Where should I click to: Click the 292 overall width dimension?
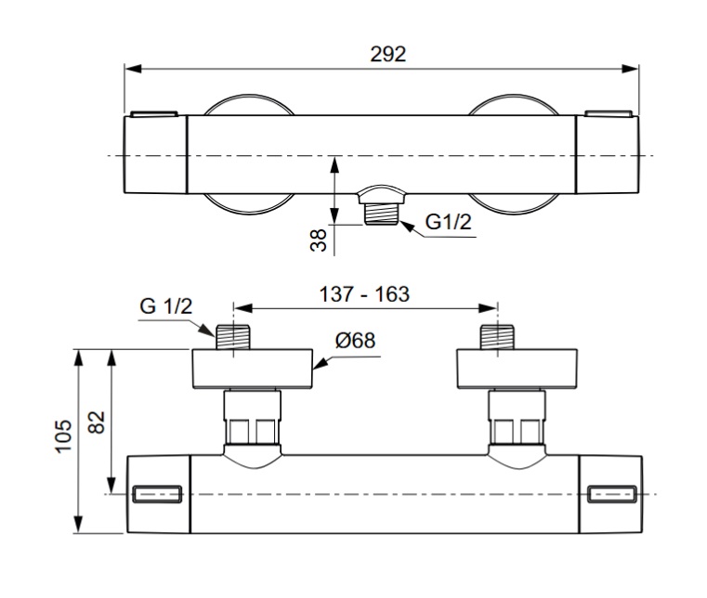coord(387,55)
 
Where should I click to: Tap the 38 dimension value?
coord(319,240)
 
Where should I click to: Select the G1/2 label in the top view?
coord(448,222)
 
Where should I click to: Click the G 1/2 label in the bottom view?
coord(166,306)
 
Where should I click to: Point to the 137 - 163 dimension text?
coord(364,294)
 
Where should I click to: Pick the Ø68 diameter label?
coord(355,340)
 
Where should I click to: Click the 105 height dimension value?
coord(63,435)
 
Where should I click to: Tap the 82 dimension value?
coord(97,422)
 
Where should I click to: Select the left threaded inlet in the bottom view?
coord(232,337)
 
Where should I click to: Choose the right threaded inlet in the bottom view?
coord(497,337)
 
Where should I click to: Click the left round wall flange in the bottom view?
coord(253,369)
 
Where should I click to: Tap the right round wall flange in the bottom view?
coord(517,369)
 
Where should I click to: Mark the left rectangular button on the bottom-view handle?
coord(157,494)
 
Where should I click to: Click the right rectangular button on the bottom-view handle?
coord(612,494)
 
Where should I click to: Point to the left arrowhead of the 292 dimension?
coord(134,69)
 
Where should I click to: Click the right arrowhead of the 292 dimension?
coord(630,69)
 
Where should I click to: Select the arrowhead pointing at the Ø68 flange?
coord(320,364)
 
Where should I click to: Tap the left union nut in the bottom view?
coord(253,417)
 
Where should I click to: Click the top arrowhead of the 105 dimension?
coord(79,357)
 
